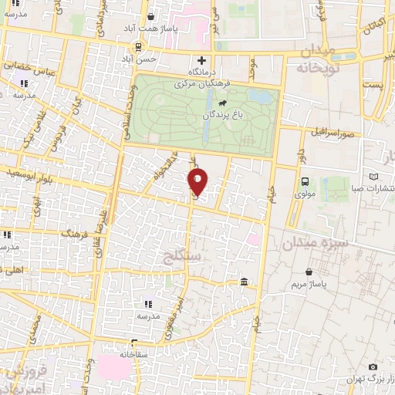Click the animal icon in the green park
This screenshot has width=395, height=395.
coord(222,103)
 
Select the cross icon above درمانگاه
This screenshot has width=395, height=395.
coord(202,60)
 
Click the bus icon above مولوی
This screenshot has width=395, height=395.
coord(306,183)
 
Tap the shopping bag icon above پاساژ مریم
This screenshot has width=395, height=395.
coord(309,272)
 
